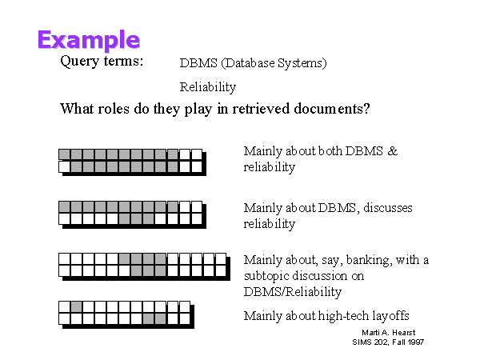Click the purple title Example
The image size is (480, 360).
89,40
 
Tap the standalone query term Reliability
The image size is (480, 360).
208,87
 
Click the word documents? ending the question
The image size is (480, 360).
332,109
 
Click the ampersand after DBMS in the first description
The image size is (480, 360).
393,151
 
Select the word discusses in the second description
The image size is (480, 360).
388,208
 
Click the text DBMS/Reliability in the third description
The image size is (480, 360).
292,292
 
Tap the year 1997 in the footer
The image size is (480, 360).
415,342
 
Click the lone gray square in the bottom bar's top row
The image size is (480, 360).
76,306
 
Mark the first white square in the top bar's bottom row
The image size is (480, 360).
64,167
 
